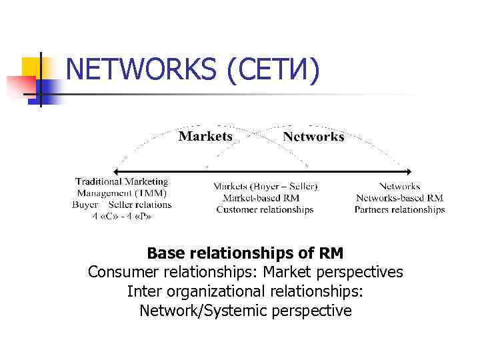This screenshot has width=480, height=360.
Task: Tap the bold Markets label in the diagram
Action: (x=205, y=136)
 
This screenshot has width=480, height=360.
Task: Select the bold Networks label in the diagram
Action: (x=313, y=137)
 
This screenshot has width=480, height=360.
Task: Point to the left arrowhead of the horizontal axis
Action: (x=115, y=171)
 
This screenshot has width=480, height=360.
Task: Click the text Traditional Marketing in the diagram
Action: (x=121, y=181)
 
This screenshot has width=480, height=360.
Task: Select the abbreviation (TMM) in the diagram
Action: (x=153, y=193)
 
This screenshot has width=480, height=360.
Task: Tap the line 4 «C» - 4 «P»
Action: (x=121, y=216)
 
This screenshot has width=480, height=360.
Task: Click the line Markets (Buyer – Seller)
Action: (x=265, y=186)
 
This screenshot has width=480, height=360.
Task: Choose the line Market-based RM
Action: (x=261, y=198)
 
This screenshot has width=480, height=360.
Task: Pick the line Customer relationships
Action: (x=265, y=209)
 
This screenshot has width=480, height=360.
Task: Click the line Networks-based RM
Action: (x=399, y=198)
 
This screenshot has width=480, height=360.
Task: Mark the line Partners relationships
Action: (x=399, y=209)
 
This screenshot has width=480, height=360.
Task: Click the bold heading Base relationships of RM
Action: (x=245, y=253)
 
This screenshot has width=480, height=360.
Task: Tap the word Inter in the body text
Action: (x=143, y=291)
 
